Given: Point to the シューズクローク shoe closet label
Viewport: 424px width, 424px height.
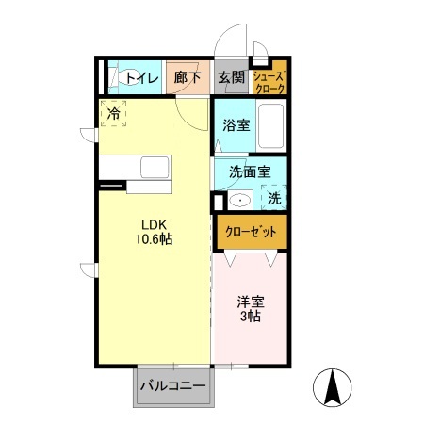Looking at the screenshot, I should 268,79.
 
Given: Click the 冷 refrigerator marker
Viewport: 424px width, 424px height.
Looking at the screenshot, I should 113,114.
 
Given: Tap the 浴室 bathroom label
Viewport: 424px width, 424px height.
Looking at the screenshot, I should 236,124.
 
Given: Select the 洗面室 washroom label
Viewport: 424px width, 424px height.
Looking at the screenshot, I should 249,172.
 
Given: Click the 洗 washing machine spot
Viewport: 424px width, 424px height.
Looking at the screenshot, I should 273,199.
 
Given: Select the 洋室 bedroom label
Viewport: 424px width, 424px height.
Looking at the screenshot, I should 249,302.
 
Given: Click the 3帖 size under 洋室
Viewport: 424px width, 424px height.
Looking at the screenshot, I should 249,318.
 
